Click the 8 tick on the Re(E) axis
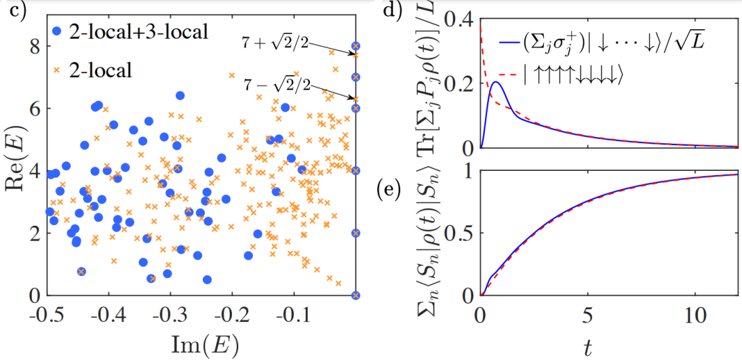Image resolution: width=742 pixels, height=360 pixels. click(31, 46)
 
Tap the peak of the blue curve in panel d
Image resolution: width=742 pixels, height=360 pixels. click(496, 83)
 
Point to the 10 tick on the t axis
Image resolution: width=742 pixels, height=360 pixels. click(692, 316)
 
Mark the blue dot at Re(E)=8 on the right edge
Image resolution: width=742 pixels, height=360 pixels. click(355, 46)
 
